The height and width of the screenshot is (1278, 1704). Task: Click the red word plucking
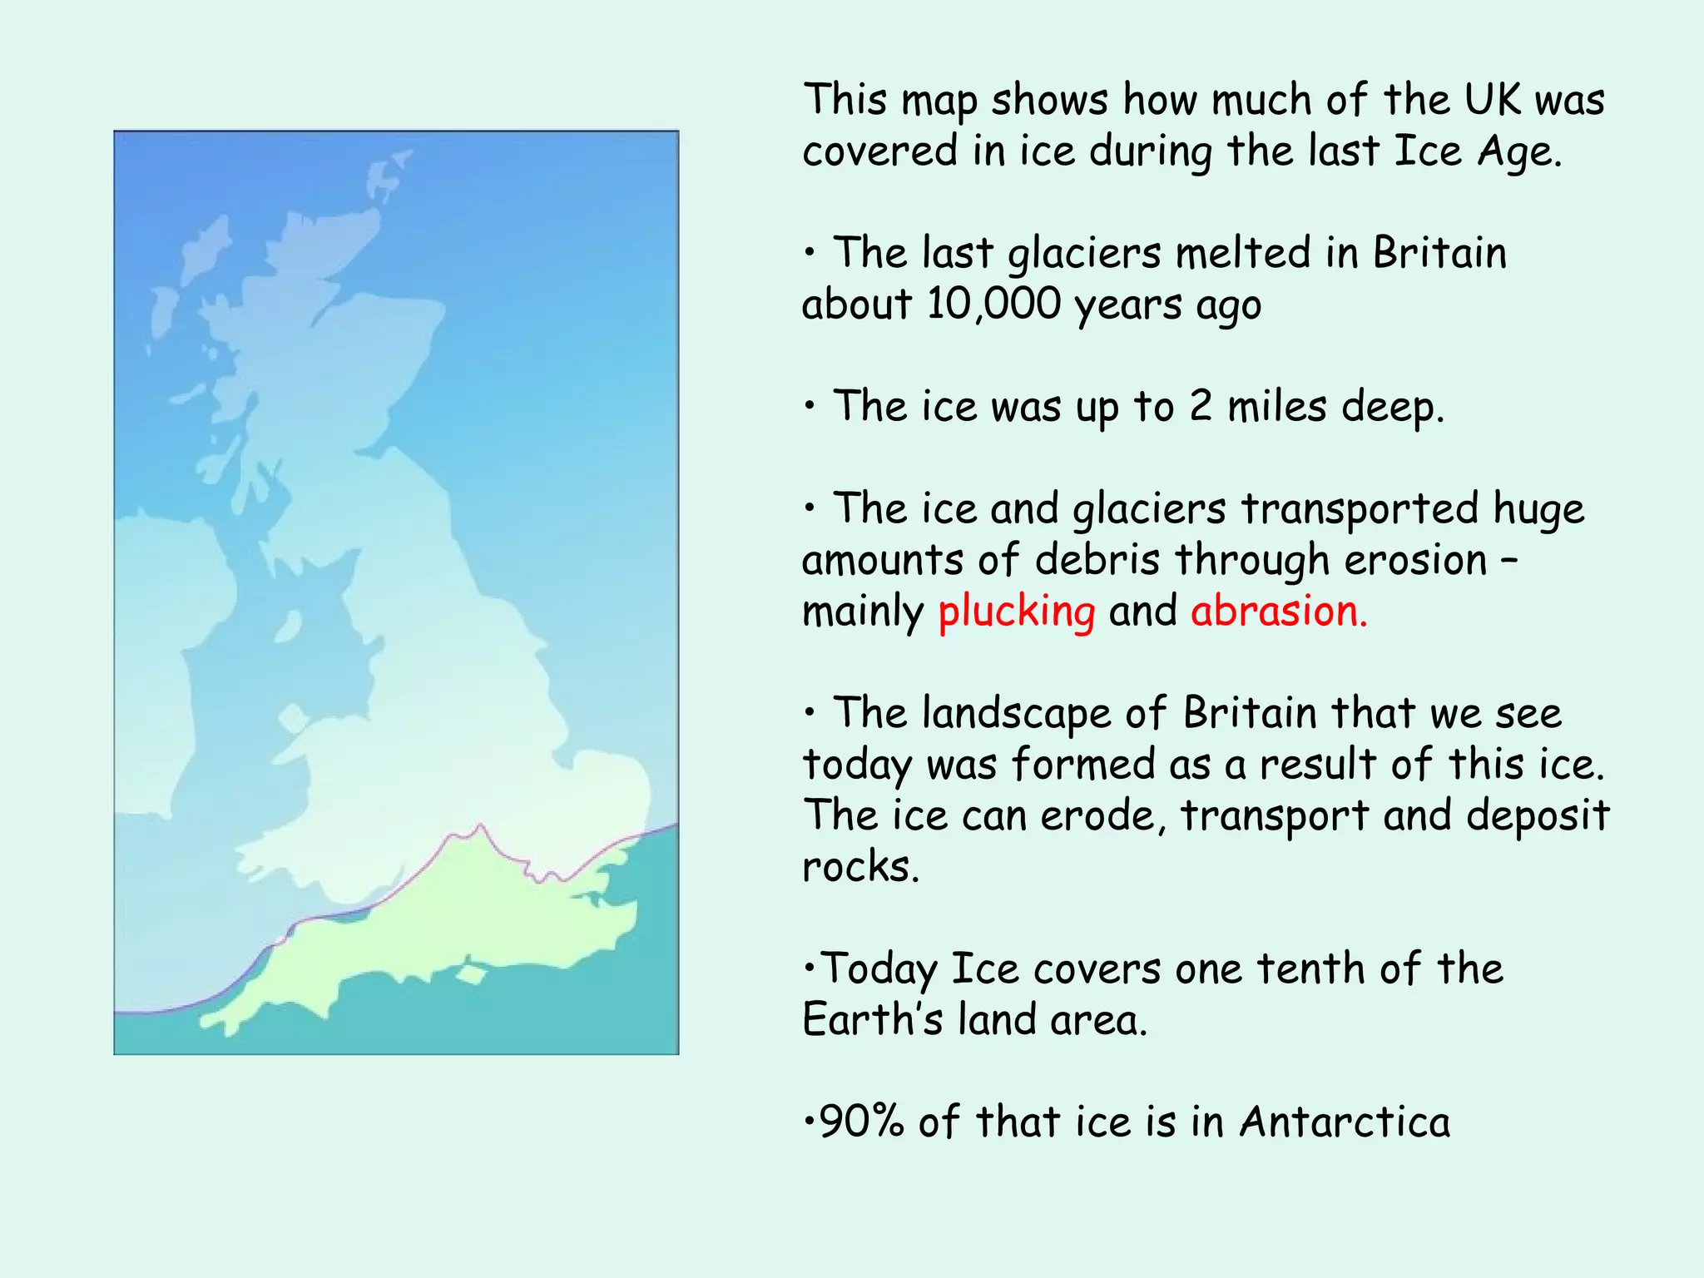pyautogui.click(x=1016, y=612)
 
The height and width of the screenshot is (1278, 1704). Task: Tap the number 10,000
pyautogui.click(x=993, y=304)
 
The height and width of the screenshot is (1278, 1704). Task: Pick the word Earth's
pyautogui.click(x=872, y=1019)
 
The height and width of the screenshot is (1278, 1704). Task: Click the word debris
pyautogui.click(x=1097, y=560)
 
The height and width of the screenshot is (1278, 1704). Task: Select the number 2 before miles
pyautogui.click(x=1200, y=407)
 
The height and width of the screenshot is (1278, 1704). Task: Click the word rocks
pyautogui.click(x=859, y=867)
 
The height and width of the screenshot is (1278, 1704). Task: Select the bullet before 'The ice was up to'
pyautogui.click(x=810, y=406)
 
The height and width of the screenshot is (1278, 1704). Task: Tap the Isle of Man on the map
pyautogui.click(x=288, y=626)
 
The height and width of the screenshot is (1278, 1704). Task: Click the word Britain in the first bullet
pyautogui.click(x=1439, y=253)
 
